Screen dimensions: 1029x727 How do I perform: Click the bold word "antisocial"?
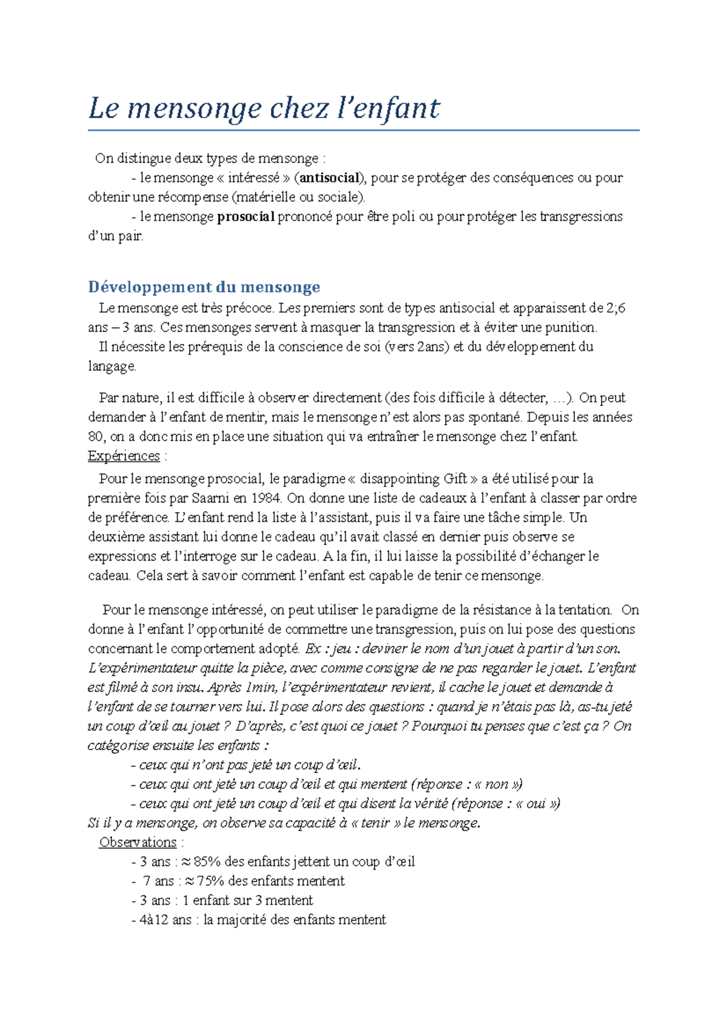[330, 178]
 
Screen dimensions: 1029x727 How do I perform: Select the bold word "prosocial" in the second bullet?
[245, 216]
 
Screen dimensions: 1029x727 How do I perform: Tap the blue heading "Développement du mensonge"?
[204, 287]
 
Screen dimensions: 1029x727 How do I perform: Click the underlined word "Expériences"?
[124, 456]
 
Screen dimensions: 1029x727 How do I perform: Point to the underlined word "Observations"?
[138, 842]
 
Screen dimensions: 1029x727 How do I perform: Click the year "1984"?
[268, 498]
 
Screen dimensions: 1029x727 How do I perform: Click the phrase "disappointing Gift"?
[413, 479]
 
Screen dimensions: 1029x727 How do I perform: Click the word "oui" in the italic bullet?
[537, 804]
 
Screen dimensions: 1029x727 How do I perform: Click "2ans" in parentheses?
[431, 347]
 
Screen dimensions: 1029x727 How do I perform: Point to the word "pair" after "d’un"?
[130, 236]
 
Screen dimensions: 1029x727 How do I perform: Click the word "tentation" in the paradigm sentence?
[584, 610]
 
